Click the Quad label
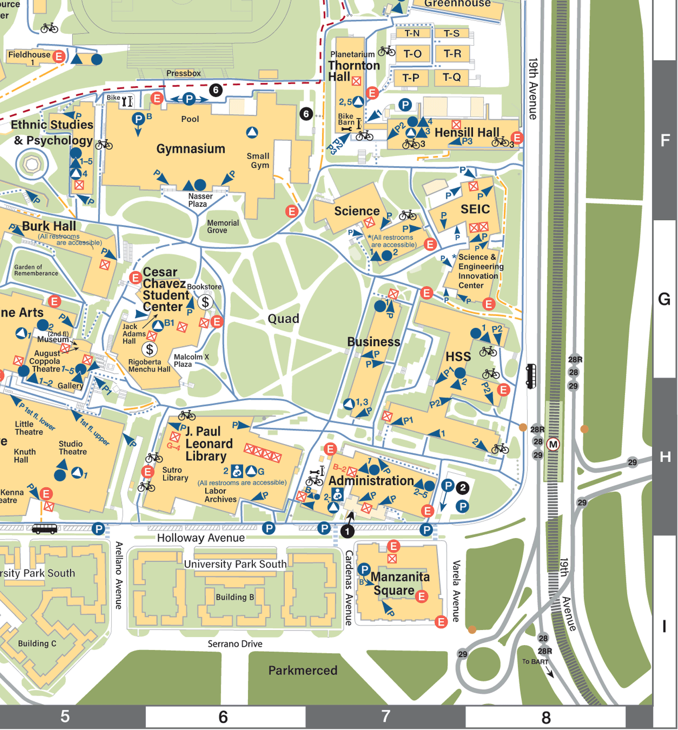coord(283,318)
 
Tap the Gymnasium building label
coord(191,149)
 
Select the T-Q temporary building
coord(451,77)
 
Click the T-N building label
coord(412,33)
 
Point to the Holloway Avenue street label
coord(201,537)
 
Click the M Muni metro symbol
coord(553,444)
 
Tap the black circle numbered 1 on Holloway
coord(347,531)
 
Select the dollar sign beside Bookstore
coord(205,302)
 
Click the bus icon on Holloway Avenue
coord(44,529)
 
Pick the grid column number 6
coord(223,717)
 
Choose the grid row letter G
coord(664,299)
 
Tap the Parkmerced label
coord(302,670)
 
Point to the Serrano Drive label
coord(235,643)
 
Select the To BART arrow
coord(549,673)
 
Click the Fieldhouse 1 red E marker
coord(59,56)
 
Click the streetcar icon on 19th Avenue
coord(531,376)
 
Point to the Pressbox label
coord(183,73)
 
